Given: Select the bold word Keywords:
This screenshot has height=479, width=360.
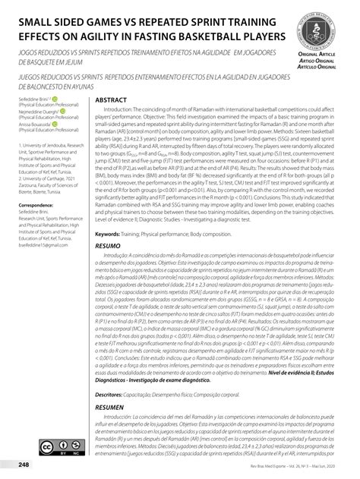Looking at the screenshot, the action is click(112, 235).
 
